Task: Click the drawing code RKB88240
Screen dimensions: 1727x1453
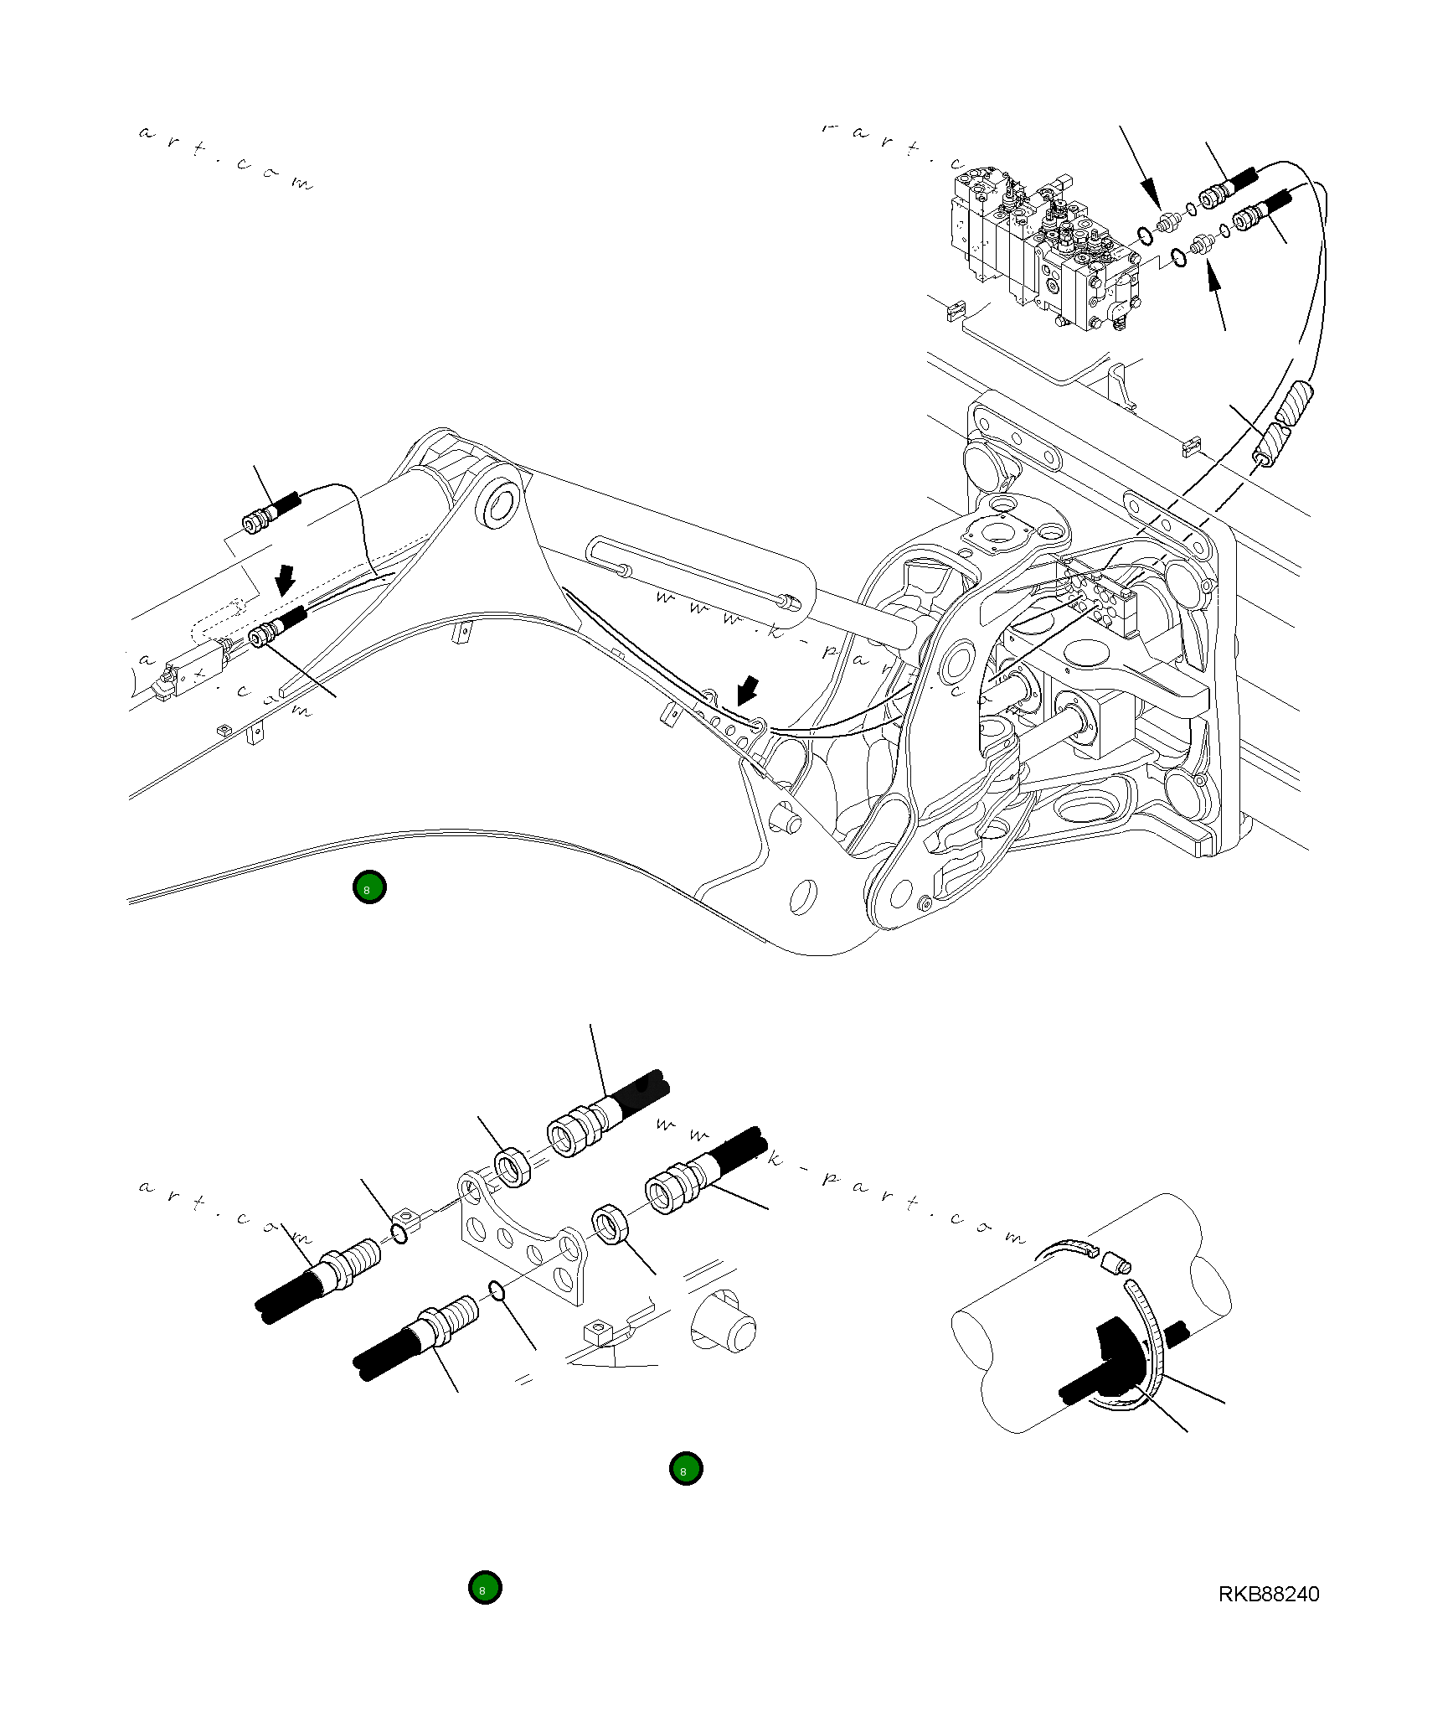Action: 1268,1594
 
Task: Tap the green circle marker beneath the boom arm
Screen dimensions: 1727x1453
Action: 368,887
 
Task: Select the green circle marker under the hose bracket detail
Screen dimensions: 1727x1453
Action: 686,1468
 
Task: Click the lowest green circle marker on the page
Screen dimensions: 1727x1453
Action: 484,1587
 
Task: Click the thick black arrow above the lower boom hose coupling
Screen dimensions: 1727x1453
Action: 286,577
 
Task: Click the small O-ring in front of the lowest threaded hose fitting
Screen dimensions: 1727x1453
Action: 496,1292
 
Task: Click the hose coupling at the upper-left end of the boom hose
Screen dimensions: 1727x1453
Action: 258,520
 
